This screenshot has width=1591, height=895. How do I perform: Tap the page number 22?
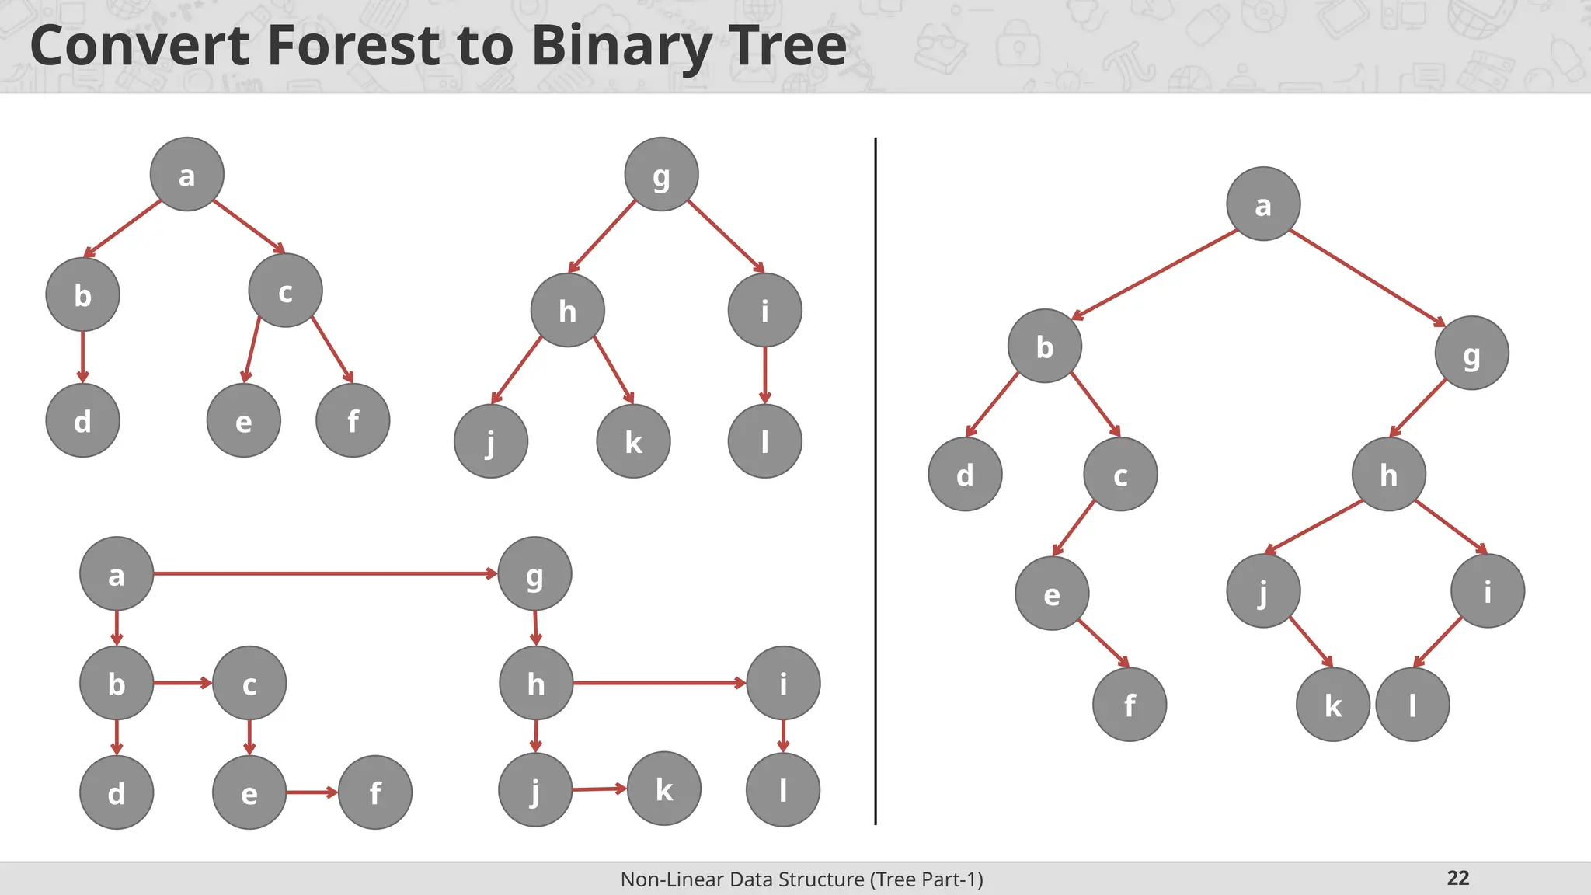click(x=1457, y=878)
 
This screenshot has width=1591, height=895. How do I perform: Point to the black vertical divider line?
click(x=876, y=482)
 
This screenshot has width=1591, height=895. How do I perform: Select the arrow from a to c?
click(x=249, y=226)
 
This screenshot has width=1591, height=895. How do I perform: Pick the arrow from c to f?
click(x=332, y=350)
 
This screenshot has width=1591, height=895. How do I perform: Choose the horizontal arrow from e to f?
click(x=312, y=792)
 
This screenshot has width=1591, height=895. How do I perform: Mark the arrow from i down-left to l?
click(x=1438, y=643)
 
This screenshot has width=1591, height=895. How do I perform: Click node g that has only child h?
click(x=1471, y=353)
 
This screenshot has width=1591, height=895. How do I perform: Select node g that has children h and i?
click(x=661, y=174)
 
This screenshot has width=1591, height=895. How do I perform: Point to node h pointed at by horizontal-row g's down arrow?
click(x=536, y=683)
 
